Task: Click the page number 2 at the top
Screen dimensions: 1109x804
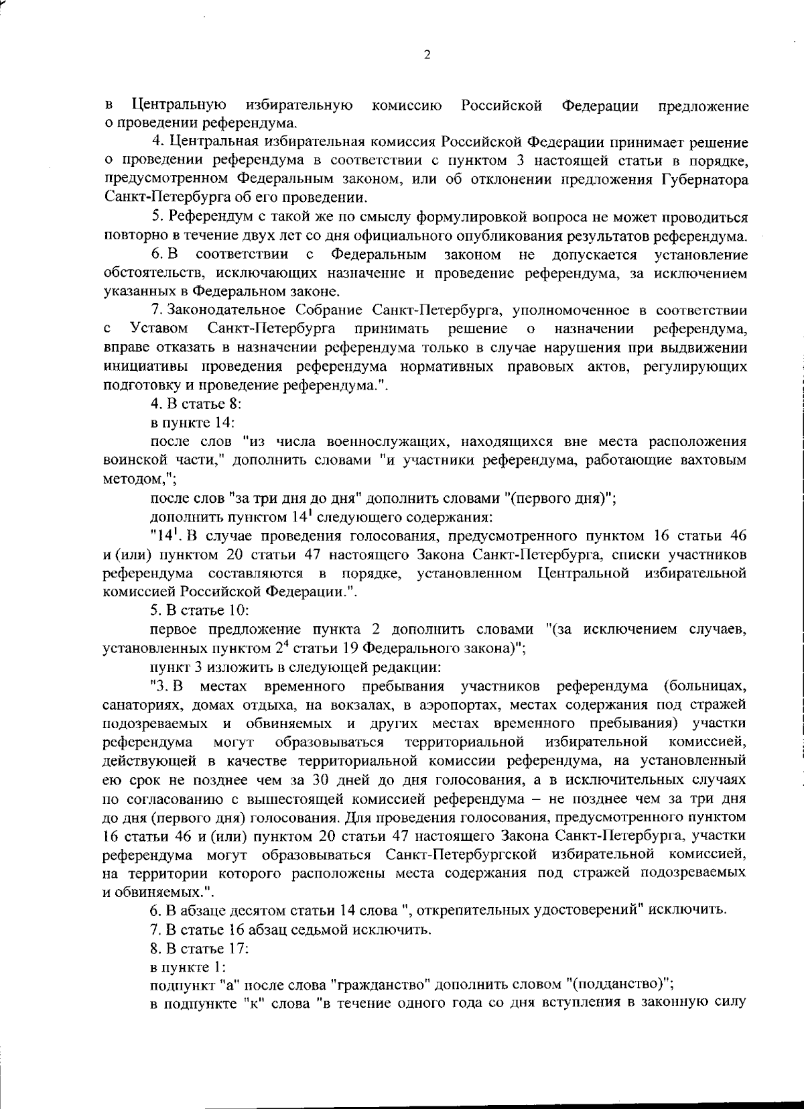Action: pos(427,56)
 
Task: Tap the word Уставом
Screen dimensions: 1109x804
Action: pos(159,329)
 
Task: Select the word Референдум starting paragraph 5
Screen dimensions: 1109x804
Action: pos(200,217)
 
